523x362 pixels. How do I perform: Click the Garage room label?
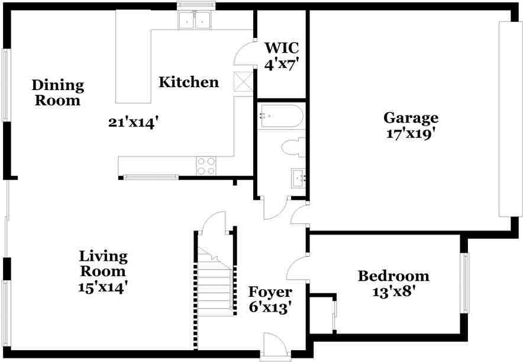[x=411, y=117]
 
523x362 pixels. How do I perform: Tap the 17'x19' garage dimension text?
[x=411, y=134]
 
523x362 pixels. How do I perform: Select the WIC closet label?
[x=282, y=47]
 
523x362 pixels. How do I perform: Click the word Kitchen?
[x=189, y=82]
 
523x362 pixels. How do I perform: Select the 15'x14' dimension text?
[x=104, y=287]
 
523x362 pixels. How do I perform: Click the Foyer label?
[x=270, y=292]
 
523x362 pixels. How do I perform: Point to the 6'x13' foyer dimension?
[x=270, y=308]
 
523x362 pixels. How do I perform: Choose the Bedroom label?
[x=393, y=276]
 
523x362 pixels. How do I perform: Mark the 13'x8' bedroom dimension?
[x=393, y=292]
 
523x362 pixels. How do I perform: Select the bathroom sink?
[x=298, y=177]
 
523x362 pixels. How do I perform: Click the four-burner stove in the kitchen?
[x=206, y=166]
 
